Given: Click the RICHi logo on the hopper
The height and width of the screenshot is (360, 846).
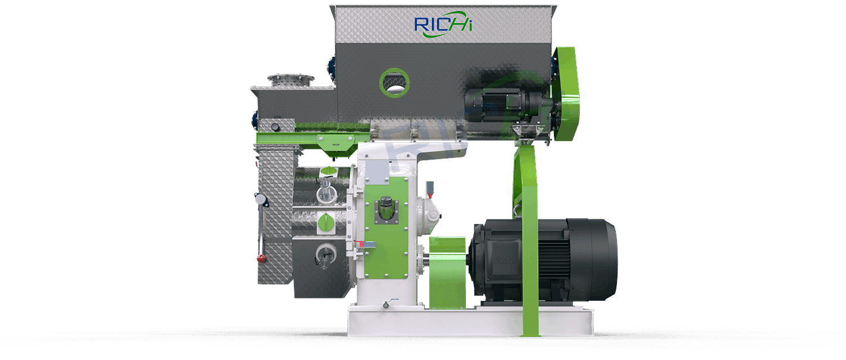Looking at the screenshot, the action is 443,25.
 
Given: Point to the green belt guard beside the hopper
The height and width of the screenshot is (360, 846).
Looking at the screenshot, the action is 566,94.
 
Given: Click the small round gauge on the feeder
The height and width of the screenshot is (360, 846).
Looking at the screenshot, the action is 276,126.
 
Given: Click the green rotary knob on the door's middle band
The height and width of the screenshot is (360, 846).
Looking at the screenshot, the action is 325,222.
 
